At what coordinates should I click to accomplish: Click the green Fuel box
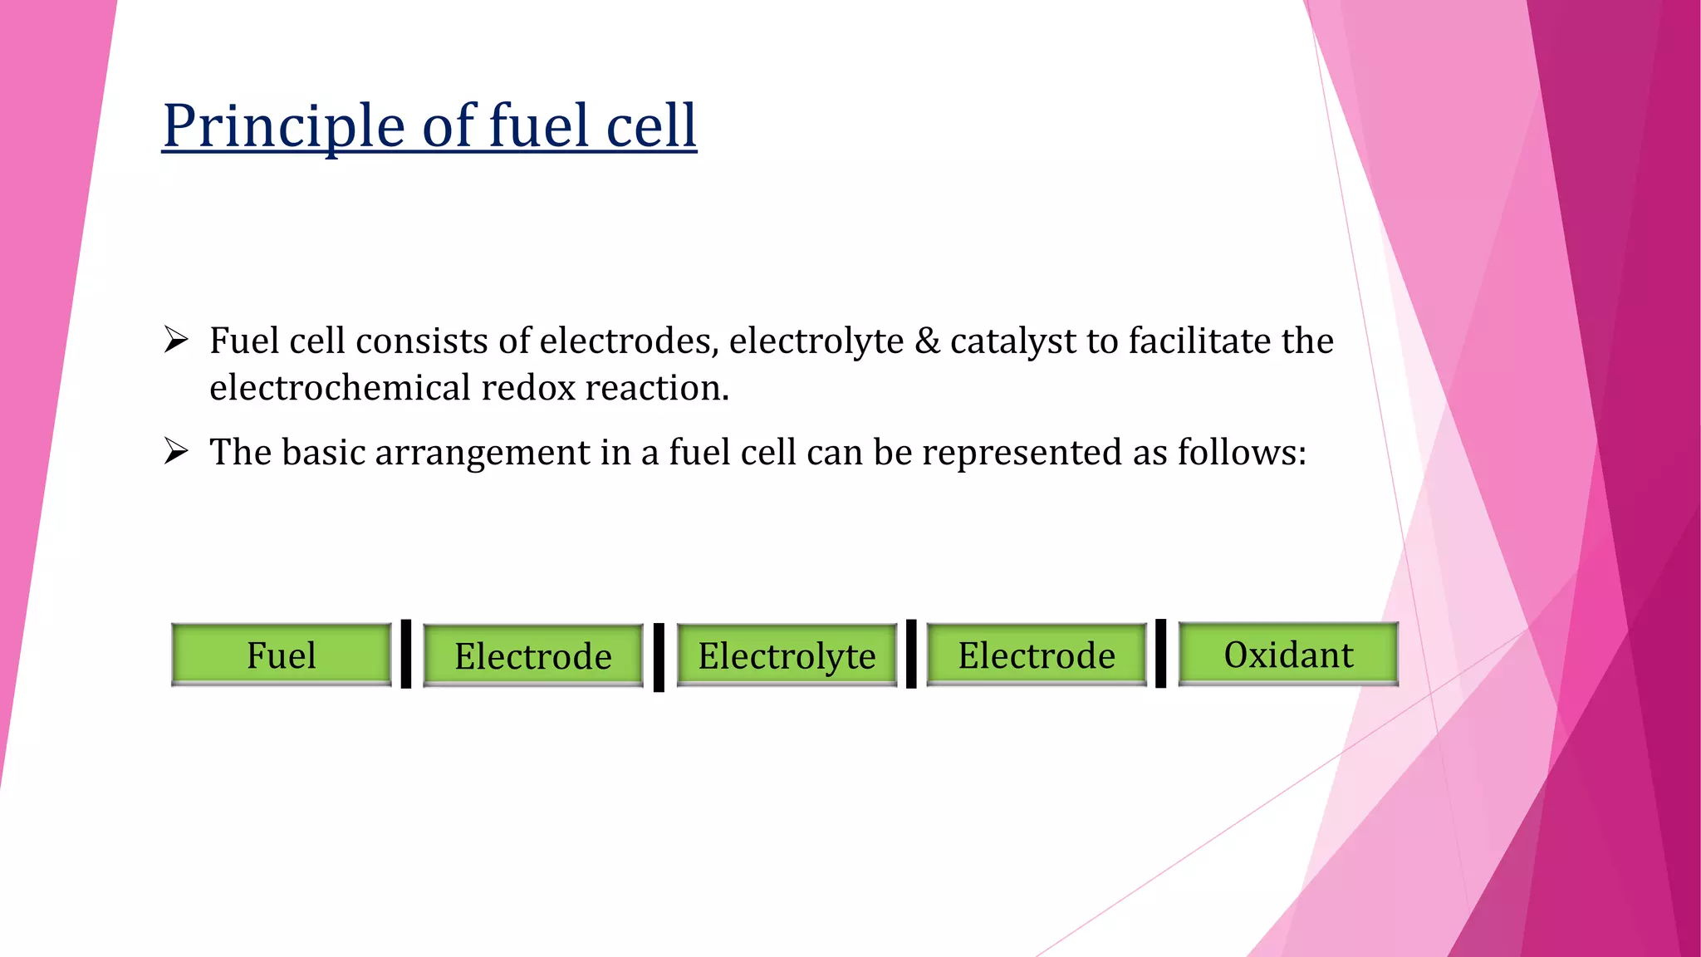281,655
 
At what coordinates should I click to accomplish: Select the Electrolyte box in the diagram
787,655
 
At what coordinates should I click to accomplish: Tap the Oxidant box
1288,654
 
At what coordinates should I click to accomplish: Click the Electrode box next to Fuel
532,655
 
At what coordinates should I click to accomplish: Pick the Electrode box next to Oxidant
1037,655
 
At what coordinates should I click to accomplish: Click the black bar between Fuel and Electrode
406,654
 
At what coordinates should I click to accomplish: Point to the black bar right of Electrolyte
911,654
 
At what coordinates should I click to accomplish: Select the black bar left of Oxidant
1160,654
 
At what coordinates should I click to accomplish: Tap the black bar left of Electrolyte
659,657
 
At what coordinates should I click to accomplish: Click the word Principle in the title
283,126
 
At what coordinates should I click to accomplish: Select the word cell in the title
651,126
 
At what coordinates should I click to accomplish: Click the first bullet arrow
176,341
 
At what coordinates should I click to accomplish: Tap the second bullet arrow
176,452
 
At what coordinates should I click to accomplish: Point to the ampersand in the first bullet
927,341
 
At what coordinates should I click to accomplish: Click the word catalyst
1012,341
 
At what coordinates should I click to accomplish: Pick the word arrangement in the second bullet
483,454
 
